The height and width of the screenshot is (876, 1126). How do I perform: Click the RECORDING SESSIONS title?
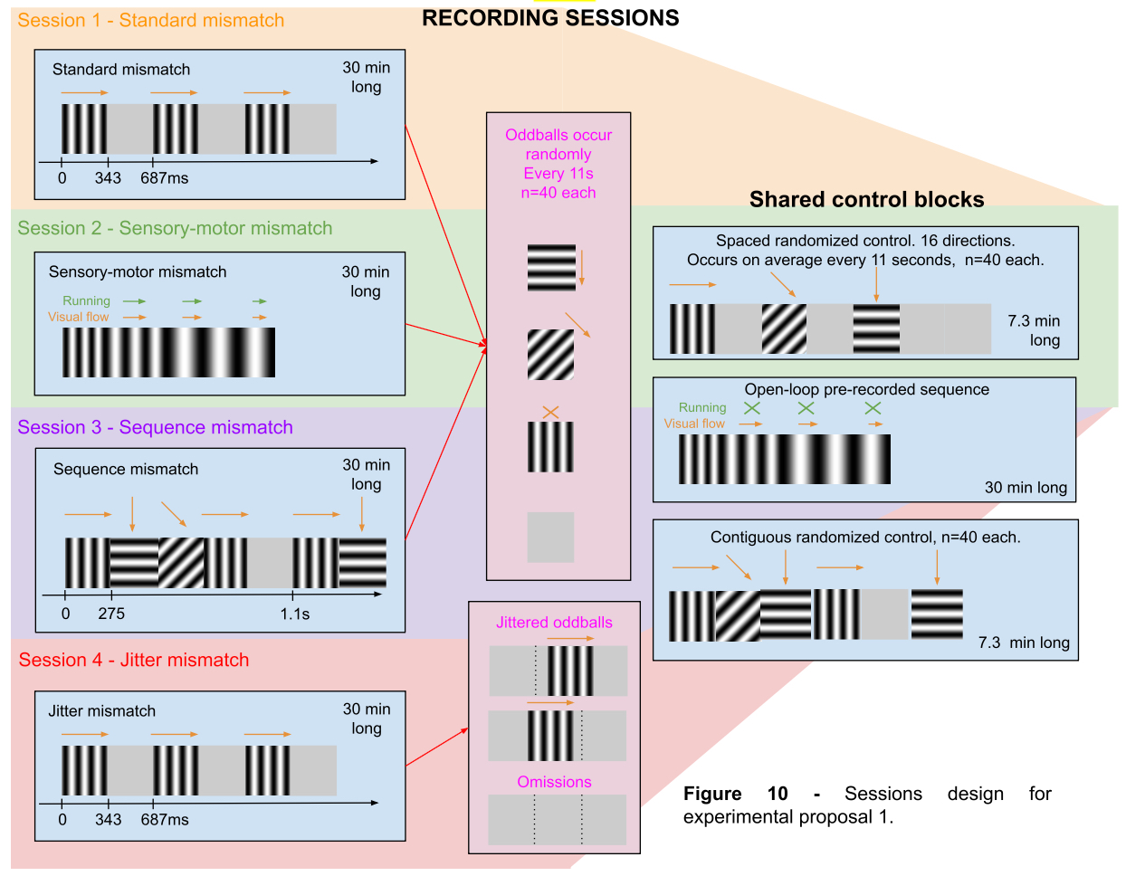point(550,18)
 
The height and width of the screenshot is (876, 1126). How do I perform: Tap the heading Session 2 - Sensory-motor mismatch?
point(175,228)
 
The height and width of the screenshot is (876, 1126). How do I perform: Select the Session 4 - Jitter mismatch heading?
point(134,660)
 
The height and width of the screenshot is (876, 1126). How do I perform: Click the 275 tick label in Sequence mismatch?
point(111,614)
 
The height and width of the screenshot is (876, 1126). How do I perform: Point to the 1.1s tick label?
point(295,614)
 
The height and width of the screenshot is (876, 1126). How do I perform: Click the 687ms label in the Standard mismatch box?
point(165,178)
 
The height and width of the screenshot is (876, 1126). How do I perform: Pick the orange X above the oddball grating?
point(550,412)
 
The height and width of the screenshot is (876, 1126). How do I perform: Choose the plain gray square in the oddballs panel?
point(550,537)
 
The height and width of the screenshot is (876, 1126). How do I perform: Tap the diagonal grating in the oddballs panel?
point(550,354)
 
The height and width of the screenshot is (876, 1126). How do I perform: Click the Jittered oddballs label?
point(554,623)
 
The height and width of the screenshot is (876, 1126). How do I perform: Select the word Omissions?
point(554,782)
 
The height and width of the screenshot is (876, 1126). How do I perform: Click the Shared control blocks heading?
point(866,199)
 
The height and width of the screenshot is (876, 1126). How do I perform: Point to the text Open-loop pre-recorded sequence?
point(866,389)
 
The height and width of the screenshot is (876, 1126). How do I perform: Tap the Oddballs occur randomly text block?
point(558,164)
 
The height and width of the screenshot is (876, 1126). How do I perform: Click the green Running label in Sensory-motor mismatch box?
point(86,300)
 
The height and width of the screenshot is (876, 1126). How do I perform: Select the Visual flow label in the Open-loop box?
point(694,424)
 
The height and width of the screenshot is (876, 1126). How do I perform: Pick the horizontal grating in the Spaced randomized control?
point(876,328)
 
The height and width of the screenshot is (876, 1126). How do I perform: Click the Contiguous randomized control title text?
point(865,537)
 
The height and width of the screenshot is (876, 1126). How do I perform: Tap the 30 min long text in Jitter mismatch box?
point(367,719)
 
